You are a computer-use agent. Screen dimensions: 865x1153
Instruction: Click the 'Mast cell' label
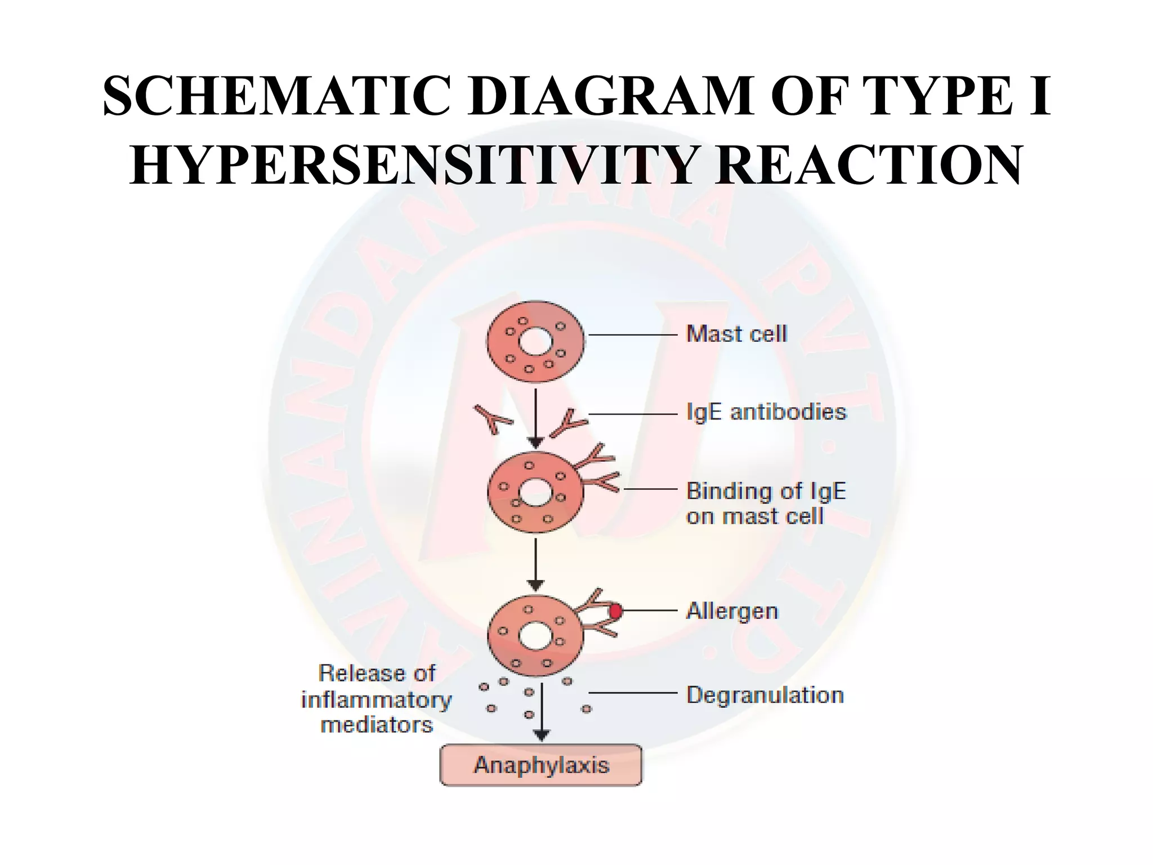736,335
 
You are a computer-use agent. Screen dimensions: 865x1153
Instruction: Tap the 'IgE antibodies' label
766,412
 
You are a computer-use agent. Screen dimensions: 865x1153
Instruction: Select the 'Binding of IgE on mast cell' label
765,503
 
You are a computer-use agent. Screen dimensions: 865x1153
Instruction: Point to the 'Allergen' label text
732,611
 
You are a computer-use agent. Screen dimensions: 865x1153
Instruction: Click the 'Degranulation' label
765,695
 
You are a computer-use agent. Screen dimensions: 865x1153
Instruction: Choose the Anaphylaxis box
540,765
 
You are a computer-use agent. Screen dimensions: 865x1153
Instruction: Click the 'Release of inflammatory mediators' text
377,699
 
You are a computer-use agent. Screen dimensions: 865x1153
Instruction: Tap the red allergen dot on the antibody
615,611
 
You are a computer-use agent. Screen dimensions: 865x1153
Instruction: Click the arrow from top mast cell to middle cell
536,417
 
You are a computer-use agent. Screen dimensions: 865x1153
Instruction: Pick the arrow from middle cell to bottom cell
536,563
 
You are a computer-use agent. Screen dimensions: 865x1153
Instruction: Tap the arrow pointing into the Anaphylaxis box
542,712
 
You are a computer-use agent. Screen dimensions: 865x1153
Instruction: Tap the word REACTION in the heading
868,166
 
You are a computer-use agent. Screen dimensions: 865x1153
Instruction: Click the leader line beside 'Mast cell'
632,335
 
